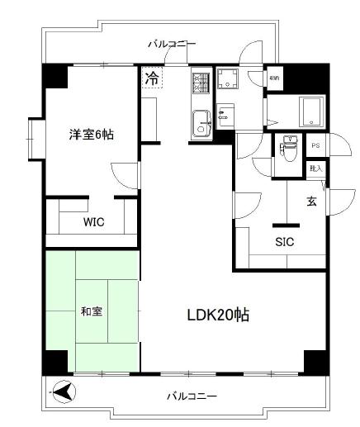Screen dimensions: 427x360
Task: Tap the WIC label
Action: pyautogui.click(x=92, y=223)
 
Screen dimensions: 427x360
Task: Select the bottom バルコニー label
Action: pyautogui.click(x=192, y=396)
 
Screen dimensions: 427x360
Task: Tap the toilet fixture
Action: pyautogui.click(x=288, y=148)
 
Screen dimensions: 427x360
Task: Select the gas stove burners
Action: pyautogui.click(x=201, y=83)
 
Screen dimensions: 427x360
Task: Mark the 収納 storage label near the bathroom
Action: pyautogui.click(x=274, y=79)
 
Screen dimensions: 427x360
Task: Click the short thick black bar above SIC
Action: pyautogui.click(x=285, y=224)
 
